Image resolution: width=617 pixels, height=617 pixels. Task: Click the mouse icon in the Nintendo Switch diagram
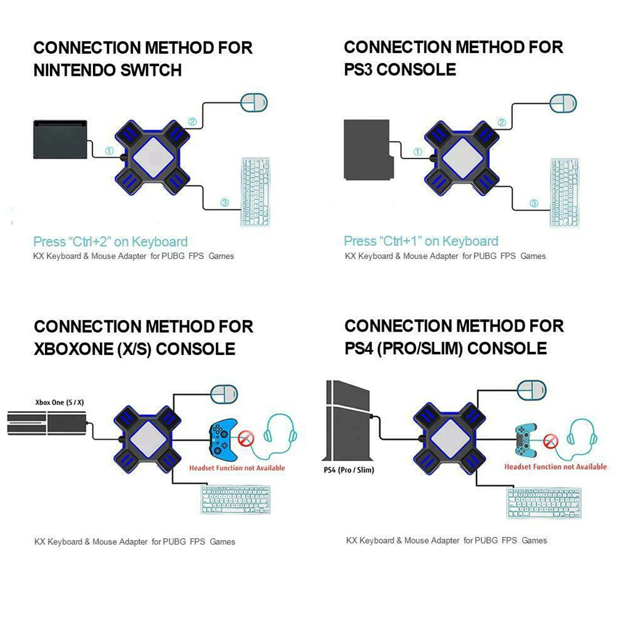253,102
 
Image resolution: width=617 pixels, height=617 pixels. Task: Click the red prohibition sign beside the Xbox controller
247,439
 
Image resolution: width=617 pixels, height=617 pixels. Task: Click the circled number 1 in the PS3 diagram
418,152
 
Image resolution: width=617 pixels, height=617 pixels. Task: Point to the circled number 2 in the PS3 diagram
501,123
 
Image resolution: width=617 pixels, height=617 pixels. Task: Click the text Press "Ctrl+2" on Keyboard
110,242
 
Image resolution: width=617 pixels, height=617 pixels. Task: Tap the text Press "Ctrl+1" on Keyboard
421,241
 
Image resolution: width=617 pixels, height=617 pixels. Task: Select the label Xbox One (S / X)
59,403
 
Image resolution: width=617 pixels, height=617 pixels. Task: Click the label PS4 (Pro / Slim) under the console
348,470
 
